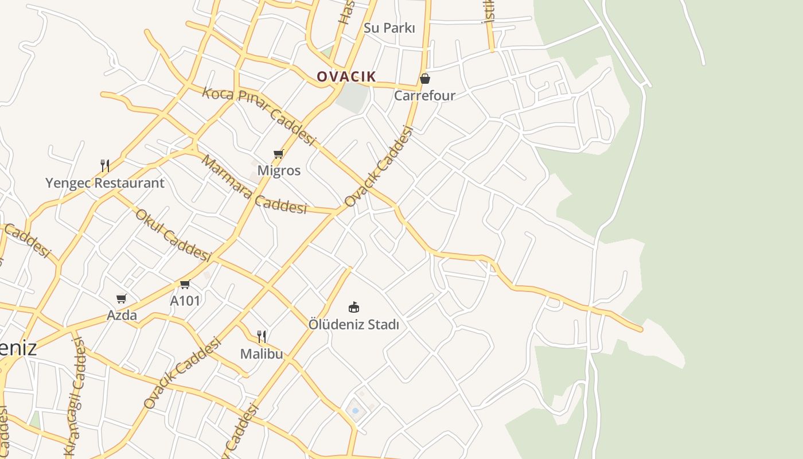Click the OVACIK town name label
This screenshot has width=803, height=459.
point(346,76)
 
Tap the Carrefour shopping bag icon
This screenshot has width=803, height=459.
point(425,79)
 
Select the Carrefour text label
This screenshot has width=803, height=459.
point(424,95)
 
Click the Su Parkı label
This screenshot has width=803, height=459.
point(389,28)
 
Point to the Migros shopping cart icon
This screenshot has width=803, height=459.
point(279,154)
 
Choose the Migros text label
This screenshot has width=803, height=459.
point(279,170)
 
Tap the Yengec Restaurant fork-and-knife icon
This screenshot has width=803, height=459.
point(105,166)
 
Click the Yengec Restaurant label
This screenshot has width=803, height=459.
point(105,183)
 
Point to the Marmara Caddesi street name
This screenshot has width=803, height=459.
point(254,185)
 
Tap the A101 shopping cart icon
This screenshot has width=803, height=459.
point(185,284)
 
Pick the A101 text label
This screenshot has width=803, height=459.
point(185,300)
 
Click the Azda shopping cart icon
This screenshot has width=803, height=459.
point(122,298)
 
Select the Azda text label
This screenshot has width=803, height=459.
point(122,315)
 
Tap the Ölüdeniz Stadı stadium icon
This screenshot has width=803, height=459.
point(354,308)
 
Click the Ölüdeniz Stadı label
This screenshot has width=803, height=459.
point(354,324)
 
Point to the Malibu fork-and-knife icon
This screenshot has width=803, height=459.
point(262,336)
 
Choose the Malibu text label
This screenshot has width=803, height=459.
point(262,353)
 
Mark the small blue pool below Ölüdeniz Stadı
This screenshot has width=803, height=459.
point(355,411)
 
